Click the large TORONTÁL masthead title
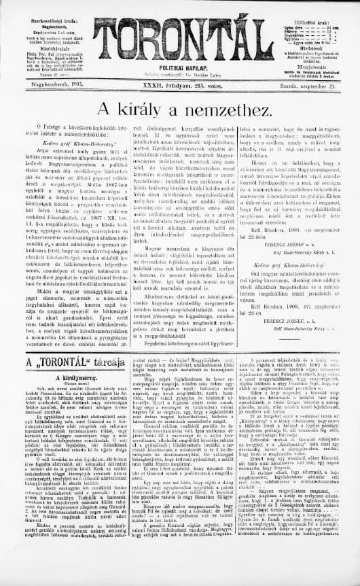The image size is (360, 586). point(180,28)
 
